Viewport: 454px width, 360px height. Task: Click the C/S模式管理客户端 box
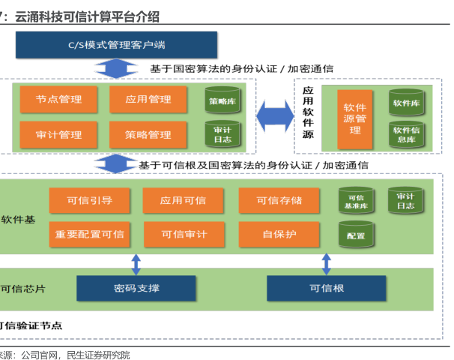pyautogui.click(x=116, y=45)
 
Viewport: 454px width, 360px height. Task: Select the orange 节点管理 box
pyautogui.click(x=58, y=99)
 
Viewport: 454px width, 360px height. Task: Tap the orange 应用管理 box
pyautogui.click(x=148, y=99)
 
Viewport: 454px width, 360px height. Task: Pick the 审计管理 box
pyautogui.click(x=58, y=135)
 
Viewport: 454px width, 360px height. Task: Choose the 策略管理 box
pyautogui.click(x=148, y=135)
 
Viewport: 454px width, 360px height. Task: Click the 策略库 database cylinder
pyautogui.click(x=223, y=100)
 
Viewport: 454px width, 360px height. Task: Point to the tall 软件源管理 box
pyautogui.click(x=354, y=119)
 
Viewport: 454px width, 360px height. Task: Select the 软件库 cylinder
pyautogui.click(x=406, y=102)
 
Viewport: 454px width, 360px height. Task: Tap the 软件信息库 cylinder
pyautogui.click(x=406, y=134)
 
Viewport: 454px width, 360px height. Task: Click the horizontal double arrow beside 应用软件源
pyautogui.click(x=275, y=116)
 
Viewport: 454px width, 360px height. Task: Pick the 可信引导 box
pyautogui.click(x=89, y=200)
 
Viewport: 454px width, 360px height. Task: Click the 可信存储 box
pyautogui.click(x=279, y=200)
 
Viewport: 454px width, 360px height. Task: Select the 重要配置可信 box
pyautogui.click(x=89, y=234)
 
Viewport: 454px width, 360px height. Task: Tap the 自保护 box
pyautogui.click(x=279, y=234)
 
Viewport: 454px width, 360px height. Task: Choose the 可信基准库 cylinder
pyautogui.click(x=356, y=200)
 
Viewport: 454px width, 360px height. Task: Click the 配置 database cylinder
pyautogui.click(x=356, y=234)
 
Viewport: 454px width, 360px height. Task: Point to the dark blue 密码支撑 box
pyautogui.click(x=136, y=288)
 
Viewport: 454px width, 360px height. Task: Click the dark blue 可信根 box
pyautogui.click(x=327, y=288)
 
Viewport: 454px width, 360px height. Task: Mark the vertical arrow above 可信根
pyautogui.click(x=327, y=264)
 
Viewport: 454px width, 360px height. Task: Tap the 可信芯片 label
pyautogui.click(x=23, y=289)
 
